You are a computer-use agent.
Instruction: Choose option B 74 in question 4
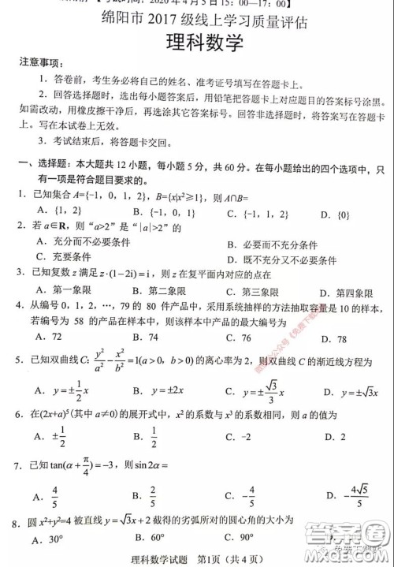point(148,338)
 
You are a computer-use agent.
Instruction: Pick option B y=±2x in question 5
point(151,390)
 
